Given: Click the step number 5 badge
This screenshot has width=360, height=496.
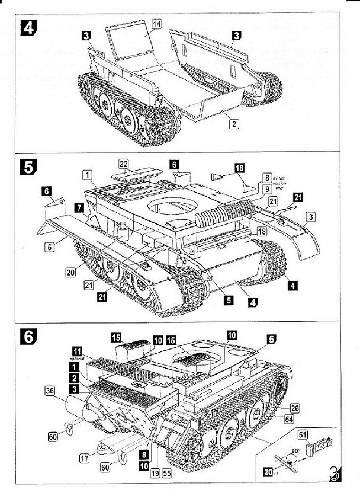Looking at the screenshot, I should point(28,168).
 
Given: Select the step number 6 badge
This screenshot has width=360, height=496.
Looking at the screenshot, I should point(27,336).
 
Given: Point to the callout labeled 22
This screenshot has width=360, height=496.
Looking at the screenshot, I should point(123,164).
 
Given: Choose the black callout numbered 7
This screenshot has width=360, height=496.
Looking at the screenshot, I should point(78,207).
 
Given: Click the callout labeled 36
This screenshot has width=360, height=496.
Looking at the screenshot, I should point(50,390).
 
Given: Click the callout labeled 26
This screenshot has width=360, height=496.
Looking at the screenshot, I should point(295,407).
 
